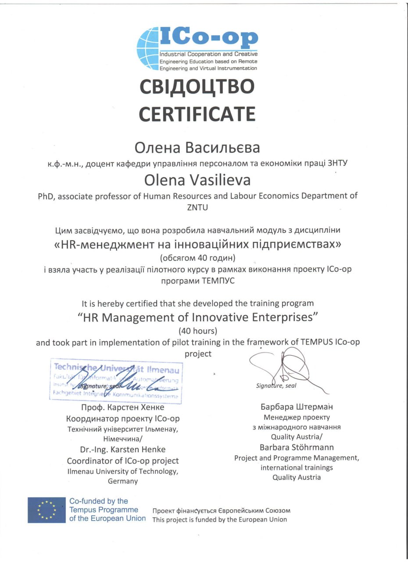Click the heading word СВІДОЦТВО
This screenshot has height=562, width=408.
click(x=197, y=86)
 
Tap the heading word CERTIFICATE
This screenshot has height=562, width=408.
click(x=197, y=114)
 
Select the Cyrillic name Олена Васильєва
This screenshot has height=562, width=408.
click(x=197, y=148)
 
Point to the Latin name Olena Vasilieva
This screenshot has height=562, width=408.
click(x=197, y=180)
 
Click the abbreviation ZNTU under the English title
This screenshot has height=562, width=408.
click(x=197, y=208)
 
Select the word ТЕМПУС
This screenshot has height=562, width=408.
click(x=219, y=281)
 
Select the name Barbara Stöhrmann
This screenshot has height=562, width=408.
click(x=297, y=447)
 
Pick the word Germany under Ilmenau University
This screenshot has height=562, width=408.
click(x=122, y=481)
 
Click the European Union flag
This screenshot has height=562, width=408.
click(x=47, y=510)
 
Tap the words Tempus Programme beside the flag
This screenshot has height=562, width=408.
click(x=104, y=510)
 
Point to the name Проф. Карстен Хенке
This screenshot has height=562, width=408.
click(x=122, y=407)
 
